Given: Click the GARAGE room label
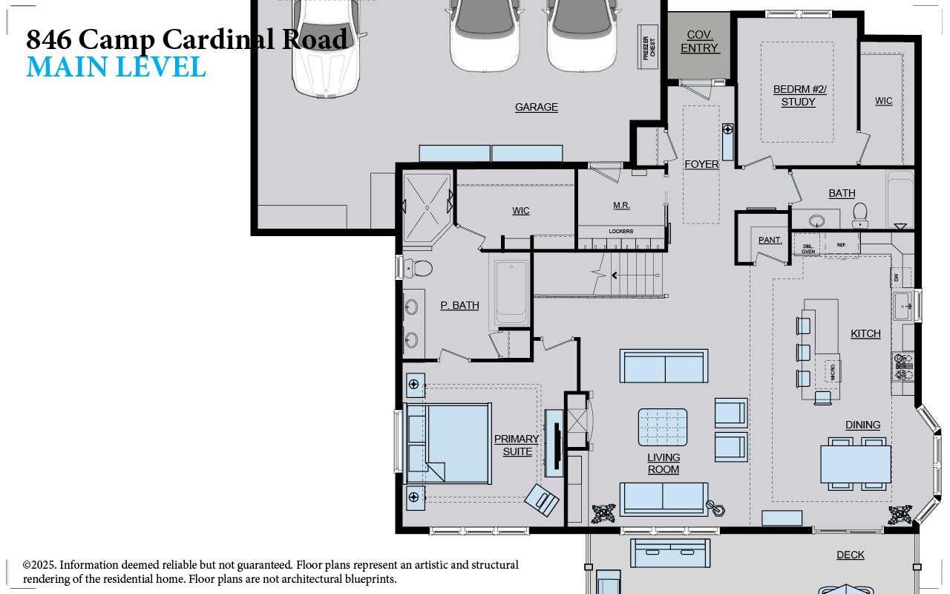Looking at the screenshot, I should tap(536, 107).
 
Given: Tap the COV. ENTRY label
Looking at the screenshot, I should tap(699, 42).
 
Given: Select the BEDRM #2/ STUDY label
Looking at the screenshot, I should tap(799, 96).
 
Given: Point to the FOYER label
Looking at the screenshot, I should tap(701, 164).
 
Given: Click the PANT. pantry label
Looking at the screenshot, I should tap(770, 240).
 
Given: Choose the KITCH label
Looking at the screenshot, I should tap(865, 333).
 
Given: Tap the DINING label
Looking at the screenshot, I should tap(862, 425).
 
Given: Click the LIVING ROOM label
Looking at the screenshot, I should tap(663, 463).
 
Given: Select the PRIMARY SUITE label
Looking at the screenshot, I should tap(517, 445).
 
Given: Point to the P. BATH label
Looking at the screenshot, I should tap(459, 305).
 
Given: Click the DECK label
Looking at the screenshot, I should tap(850, 555).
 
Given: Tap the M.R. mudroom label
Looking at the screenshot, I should tap(621, 205).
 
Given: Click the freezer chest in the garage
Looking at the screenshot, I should tap(648, 47).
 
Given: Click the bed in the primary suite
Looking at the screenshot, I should tap(448, 443).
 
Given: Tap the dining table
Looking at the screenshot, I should tap(855, 463).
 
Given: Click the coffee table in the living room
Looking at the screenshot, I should tap(662, 427).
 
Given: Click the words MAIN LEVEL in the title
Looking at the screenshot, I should tap(116, 67).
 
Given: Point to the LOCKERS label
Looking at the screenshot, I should tap(620, 231).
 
